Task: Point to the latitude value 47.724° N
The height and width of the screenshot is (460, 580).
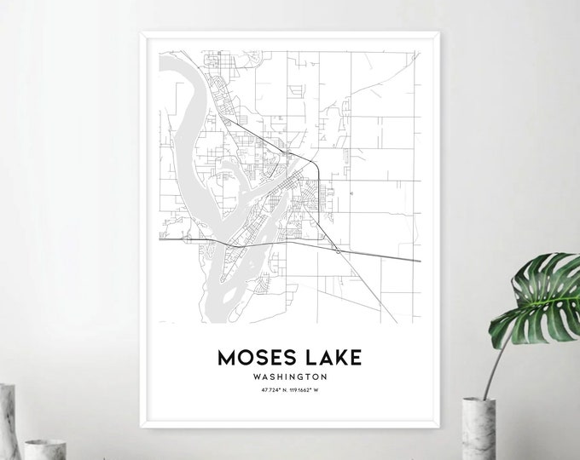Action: pyautogui.click(x=265, y=390)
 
